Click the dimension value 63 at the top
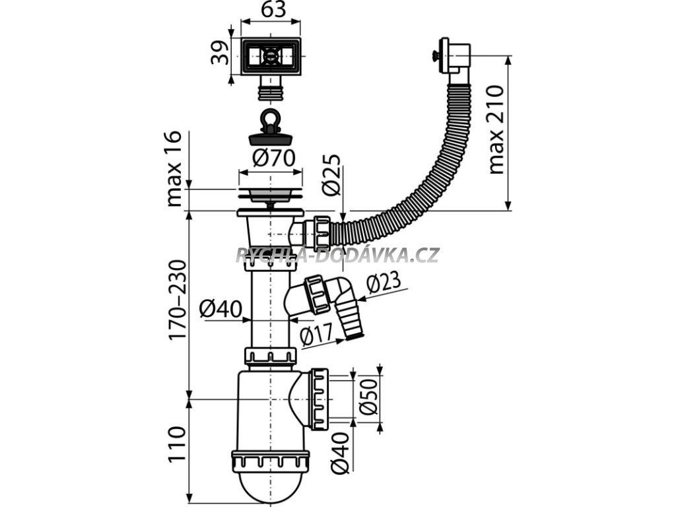coord(270,11)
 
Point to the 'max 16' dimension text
coord(174,170)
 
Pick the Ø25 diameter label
coord(332,175)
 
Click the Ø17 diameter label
coord(316,337)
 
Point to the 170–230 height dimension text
coord(177,300)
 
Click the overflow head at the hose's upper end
coord(455,57)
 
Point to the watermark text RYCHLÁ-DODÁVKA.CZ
coord(337,255)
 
